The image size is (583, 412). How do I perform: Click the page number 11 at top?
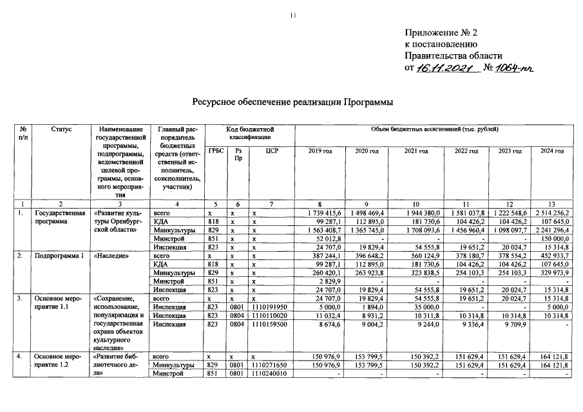tap(292, 15)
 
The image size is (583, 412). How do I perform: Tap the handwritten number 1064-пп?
tap(515, 68)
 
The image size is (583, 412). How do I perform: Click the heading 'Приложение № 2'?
tap(442, 33)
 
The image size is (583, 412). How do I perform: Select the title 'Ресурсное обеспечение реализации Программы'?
tap(292, 102)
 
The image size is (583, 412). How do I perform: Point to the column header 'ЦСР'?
tap(271, 151)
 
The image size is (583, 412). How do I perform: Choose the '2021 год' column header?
tap(416, 151)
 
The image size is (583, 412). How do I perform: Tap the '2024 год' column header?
tap(552, 151)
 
